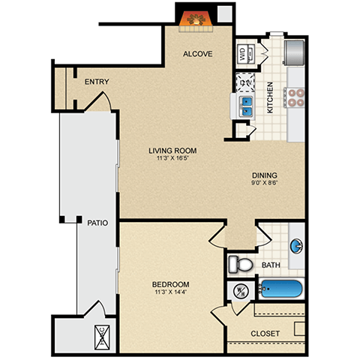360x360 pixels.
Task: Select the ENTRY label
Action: pos(97,82)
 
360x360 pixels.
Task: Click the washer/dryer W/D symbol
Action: pos(242,54)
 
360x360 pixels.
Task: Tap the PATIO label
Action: pos(96,222)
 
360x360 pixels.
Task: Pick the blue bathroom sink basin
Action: pos(296,246)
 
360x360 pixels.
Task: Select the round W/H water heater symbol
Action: pos(241,290)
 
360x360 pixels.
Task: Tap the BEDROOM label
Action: pos(170,284)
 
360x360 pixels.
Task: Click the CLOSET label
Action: pos(265,332)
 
